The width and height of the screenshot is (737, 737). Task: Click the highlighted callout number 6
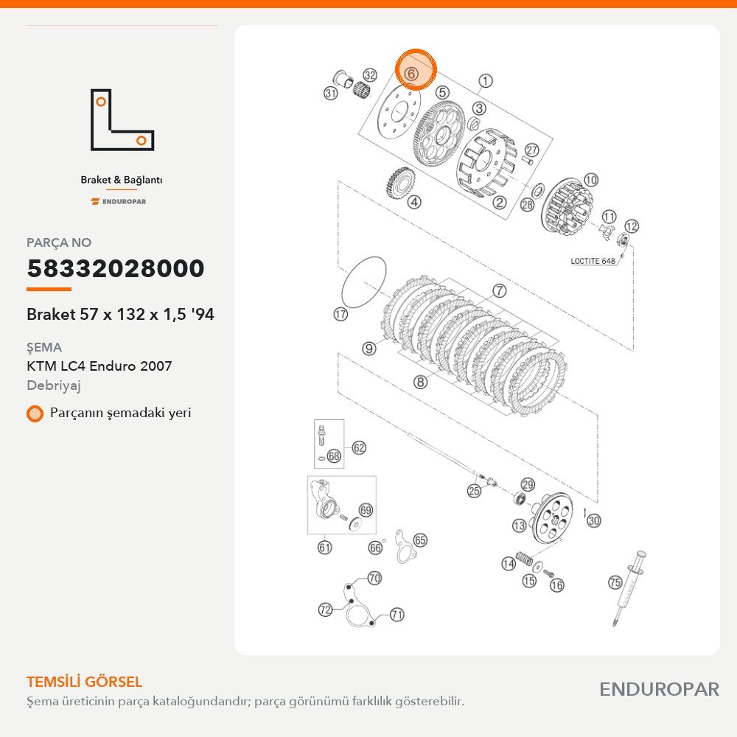(411, 73)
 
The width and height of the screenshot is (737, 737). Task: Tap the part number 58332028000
(116, 268)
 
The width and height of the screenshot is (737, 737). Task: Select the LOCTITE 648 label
(593, 261)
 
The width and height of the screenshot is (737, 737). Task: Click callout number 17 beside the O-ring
(340, 314)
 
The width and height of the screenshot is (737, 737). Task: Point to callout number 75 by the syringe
(615, 583)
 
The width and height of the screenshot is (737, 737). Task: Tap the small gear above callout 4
(402, 182)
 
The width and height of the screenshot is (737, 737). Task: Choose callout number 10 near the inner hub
(591, 180)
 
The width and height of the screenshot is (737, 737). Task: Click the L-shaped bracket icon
(122, 120)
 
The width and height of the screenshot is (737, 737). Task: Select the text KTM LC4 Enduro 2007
(99, 366)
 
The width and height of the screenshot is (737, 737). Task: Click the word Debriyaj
(54, 385)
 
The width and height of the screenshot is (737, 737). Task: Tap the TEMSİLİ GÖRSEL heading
(84, 682)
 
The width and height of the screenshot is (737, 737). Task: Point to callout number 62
(359, 447)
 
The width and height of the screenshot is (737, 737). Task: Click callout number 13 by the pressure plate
(520, 525)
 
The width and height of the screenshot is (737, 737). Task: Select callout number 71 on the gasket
(397, 615)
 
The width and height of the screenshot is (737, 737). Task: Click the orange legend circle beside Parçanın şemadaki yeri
(35, 413)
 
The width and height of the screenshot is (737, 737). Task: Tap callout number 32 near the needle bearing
(370, 75)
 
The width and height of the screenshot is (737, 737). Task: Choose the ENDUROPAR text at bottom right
(659, 690)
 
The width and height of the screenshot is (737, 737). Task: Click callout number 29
(528, 485)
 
